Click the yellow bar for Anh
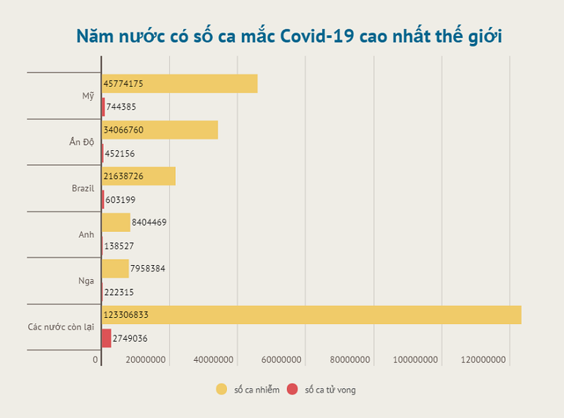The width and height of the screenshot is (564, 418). [x=116, y=223]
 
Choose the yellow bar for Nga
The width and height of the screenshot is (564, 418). [x=116, y=269]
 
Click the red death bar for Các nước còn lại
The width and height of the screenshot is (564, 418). [x=107, y=338]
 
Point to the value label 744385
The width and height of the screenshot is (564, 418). [x=122, y=107]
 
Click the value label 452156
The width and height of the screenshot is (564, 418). [x=120, y=154]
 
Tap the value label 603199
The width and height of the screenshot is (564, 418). [x=121, y=200]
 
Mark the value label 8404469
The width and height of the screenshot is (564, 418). [x=149, y=223]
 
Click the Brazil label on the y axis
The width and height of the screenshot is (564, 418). [x=83, y=188]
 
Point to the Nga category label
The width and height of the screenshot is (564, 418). [x=86, y=280]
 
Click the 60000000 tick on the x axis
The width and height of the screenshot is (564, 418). [x=281, y=359]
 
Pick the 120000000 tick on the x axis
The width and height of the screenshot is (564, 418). [x=484, y=359]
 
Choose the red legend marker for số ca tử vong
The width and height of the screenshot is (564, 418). [x=292, y=389]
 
